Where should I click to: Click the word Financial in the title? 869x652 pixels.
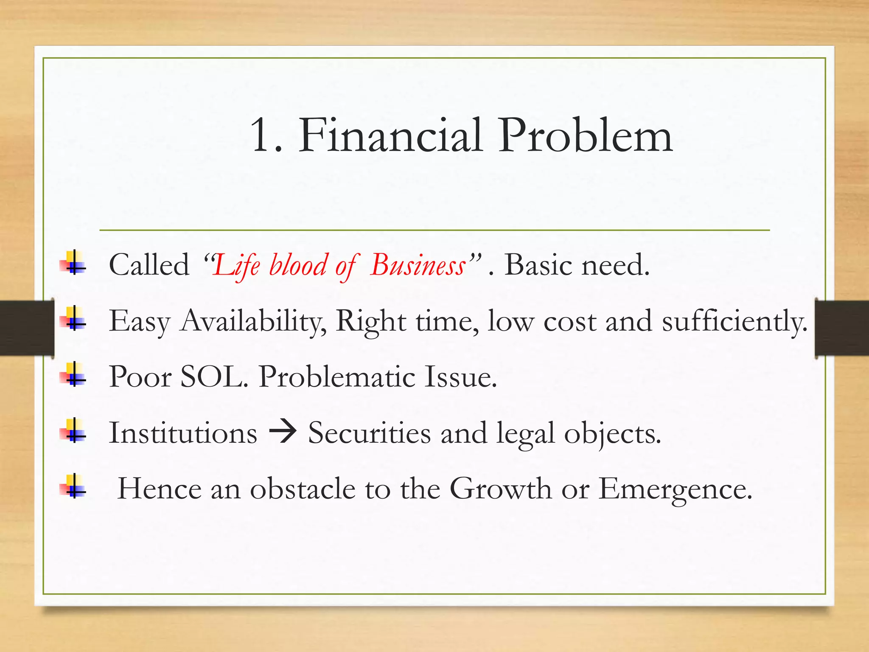[390, 136]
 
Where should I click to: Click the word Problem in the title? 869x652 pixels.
[585, 136]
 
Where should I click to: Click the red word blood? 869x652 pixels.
[298, 265]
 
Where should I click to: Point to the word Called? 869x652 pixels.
[149, 265]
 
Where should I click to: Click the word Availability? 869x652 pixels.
[253, 321]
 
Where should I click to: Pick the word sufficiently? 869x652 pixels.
[734, 321]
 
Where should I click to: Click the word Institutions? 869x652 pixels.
[183, 433]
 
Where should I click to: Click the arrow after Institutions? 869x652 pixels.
[283, 433]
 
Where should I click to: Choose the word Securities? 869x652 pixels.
[369, 433]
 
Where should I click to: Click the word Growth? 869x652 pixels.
[500, 489]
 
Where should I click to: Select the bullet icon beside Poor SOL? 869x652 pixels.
[73, 374]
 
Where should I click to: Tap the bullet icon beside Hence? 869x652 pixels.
[73, 486]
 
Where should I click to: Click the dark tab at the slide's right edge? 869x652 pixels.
[842, 327]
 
